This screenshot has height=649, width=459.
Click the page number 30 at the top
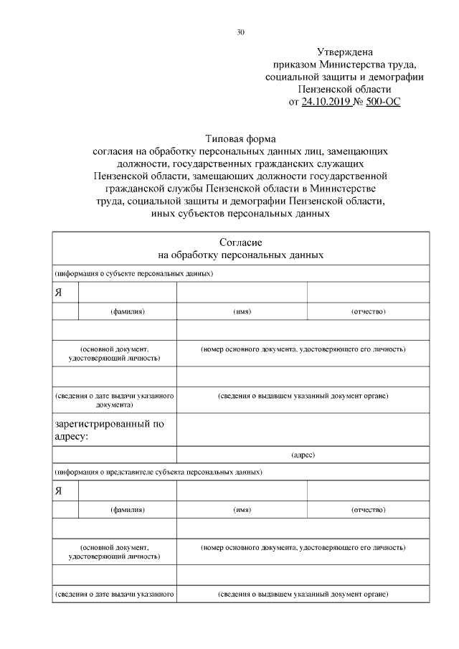pos(241,32)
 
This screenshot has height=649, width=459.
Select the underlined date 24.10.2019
pos(327,103)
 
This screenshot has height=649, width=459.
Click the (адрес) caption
pos(303,455)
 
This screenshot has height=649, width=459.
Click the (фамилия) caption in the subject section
pos(128,312)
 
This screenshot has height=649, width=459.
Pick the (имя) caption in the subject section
pos(242,312)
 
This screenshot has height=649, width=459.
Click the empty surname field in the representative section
pos(128,491)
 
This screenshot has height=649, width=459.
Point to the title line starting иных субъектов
pos(241,214)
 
